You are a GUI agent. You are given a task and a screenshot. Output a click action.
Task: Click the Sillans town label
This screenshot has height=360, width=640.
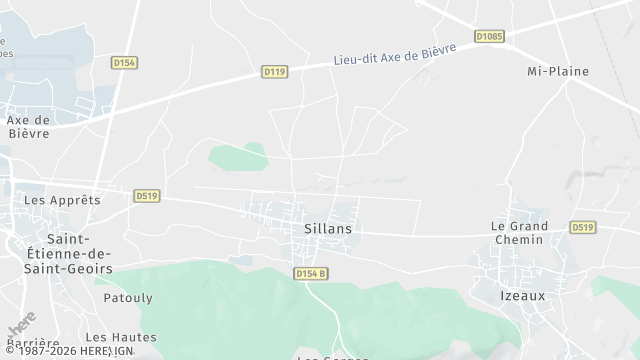point(328,229)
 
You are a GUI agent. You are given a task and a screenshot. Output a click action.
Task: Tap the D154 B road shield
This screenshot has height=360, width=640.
point(311,273)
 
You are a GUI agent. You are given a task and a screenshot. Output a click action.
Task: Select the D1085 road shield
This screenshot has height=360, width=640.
point(489,37)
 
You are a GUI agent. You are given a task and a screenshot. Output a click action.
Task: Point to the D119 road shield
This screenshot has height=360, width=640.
point(275,72)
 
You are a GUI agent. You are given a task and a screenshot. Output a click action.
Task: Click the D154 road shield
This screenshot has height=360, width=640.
point(124,62)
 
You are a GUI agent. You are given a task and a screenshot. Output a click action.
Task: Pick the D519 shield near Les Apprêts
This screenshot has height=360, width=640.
point(146,196)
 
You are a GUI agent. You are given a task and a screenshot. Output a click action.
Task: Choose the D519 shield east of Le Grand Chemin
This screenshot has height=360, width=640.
point(583,228)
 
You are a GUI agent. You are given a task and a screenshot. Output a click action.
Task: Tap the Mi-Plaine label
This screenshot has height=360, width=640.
point(558,72)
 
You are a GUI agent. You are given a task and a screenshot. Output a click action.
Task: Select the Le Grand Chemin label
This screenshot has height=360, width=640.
point(517,233)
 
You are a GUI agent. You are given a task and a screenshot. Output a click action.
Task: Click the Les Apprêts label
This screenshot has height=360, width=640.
point(62,200)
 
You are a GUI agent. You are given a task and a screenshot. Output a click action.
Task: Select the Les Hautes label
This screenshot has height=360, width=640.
point(121,337)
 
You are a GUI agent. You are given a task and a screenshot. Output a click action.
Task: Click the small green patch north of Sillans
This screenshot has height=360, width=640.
point(238,156)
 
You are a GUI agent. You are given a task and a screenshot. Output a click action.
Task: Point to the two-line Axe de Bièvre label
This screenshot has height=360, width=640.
point(29,126)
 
